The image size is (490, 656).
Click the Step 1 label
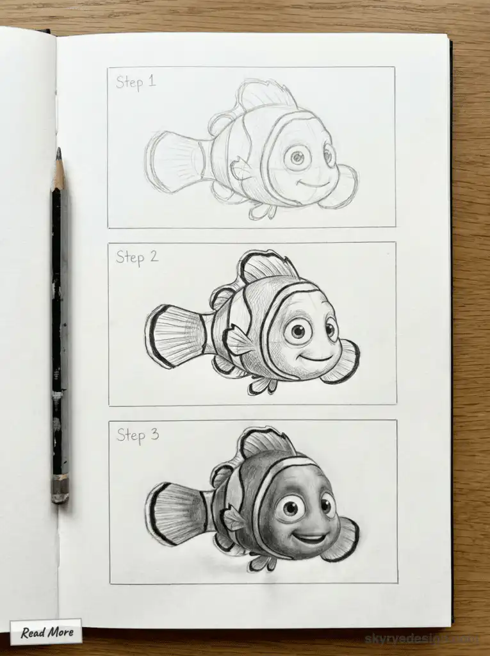(135, 83)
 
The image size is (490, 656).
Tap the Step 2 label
(136, 258)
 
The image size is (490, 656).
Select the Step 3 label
(137, 436)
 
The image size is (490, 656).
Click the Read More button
(46, 632)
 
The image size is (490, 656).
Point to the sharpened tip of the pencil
(59, 154)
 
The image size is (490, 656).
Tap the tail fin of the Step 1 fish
(173, 161)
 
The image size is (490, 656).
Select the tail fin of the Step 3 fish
(176, 513)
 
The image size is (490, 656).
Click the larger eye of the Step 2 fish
(297, 331)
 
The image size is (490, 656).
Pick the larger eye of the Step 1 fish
(297, 157)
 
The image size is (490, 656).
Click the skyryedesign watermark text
(420, 638)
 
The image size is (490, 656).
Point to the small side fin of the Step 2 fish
(237, 341)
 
